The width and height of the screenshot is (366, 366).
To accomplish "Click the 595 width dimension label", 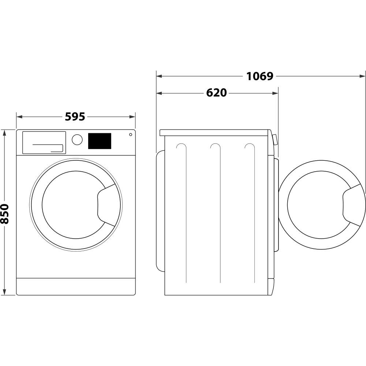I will (75, 117).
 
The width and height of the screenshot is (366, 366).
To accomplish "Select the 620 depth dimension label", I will (216, 93).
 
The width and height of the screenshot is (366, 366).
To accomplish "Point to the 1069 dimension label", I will (259, 76).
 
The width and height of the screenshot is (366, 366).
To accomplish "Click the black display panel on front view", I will (100, 141).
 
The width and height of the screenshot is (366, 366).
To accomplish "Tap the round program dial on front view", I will (77, 140).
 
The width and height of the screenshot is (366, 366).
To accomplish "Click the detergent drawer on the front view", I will (44, 142).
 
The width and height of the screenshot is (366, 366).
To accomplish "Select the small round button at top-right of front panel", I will (131, 135).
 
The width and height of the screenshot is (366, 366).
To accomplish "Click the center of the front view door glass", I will (70, 205).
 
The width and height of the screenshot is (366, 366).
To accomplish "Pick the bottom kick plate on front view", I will (76, 286).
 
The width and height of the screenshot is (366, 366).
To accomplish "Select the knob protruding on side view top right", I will (274, 140).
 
